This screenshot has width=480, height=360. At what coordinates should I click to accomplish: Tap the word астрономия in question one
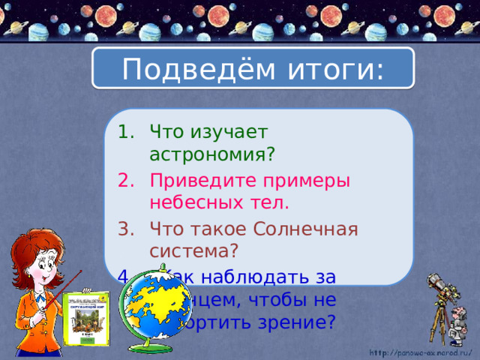(x=212, y=154)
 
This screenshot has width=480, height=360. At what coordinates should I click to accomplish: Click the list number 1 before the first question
(x=124, y=133)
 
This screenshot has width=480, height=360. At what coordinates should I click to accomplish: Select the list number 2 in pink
(x=124, y=181)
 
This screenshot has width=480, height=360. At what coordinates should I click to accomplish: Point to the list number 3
(x=124, y=229)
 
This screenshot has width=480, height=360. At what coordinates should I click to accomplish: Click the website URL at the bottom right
(x=424, y=350)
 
